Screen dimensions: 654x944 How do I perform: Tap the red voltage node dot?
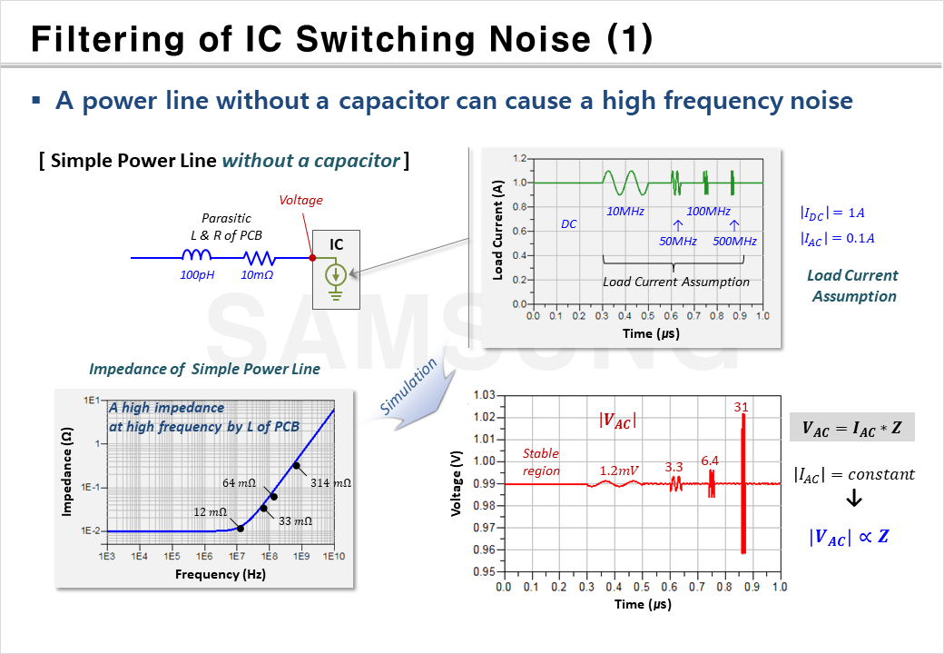[x=312, y=258]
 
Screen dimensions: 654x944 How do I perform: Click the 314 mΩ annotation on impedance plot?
[x=329, y=482]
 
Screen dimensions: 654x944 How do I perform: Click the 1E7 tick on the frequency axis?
[x=237, y=554]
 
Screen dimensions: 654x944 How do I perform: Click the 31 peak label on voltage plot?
[x=742, y=407]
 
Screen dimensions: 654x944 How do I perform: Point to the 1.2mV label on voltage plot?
[x=618, y=471]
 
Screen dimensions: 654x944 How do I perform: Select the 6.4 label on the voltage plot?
[x=709, y=461]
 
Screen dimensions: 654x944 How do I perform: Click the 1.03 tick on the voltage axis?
[x=483, y=395]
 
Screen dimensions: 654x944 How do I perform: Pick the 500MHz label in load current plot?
[x=734, y=241]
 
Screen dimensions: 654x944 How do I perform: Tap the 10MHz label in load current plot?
[x=625, y=212]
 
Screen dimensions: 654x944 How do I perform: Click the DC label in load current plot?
[x=569, y=223]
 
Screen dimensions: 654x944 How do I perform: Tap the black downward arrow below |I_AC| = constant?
[x=853, y=500]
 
